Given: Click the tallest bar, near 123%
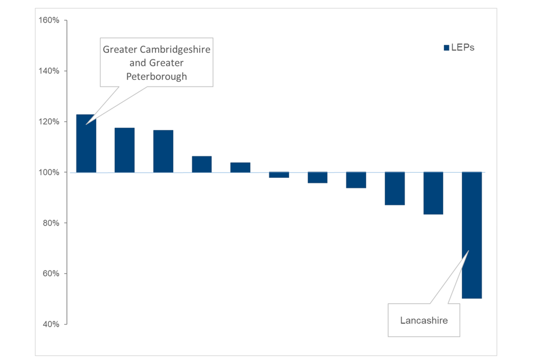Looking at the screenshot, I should tap(86, 143).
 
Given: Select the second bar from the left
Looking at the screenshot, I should tap(124, 150).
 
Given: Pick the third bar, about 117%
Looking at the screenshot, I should tap(163, 151).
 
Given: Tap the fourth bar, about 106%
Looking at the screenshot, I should tap(201, 164).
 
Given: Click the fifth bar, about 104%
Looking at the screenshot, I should tap(240, 167).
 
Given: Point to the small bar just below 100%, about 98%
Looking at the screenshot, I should tap(279, 175).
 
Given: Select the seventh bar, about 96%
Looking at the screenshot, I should tap(317, 177).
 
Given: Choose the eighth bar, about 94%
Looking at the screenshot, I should tap(356, 180).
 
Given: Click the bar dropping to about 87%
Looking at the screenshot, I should tap(394, 188).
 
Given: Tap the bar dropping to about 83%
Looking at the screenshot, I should tap(433, 193).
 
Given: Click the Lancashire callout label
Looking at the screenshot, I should tap(424, 320).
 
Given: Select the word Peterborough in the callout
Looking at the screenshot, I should tap(156, 76).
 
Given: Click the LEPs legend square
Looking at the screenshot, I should tap(446, 48).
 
